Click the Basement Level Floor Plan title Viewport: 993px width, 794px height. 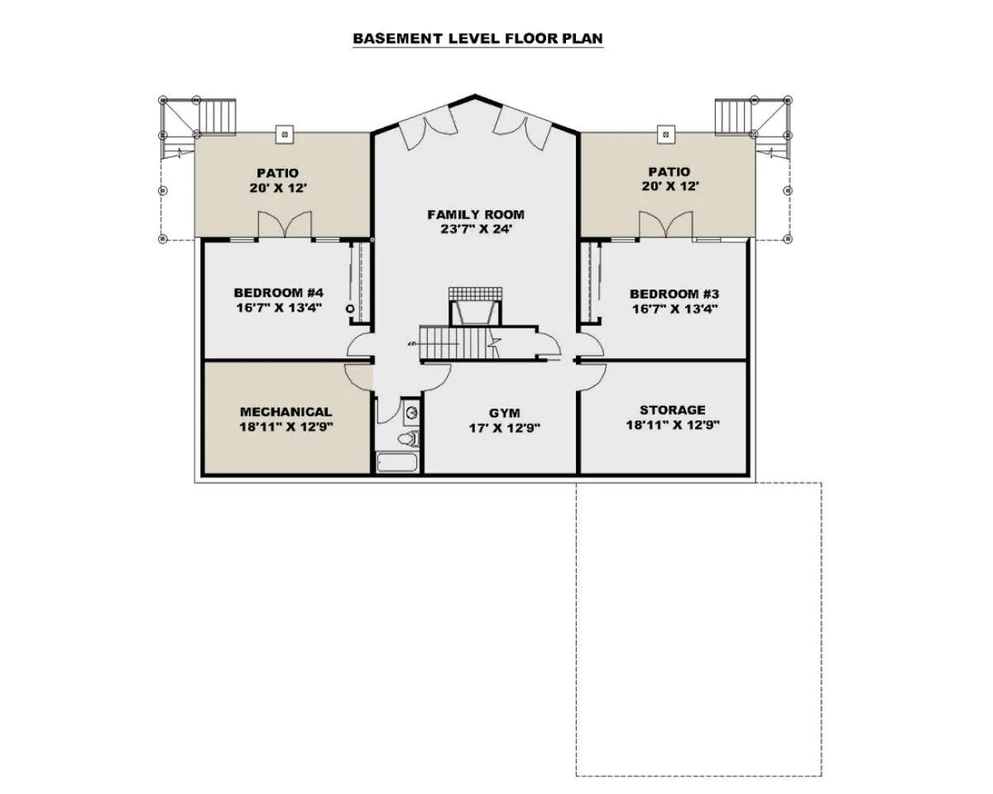[x=477, y=38]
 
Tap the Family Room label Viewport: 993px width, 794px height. [x=476, y=214]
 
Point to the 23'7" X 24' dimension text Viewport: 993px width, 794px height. [x=476, y=229]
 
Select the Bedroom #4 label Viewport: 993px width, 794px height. [x=279, y=293]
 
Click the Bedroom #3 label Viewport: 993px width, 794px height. [x=674, y=294]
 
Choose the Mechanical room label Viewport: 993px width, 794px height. [x=286, y=412]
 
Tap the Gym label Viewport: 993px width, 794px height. [x=504, y=413]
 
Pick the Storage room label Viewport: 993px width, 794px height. [x=672, y=409]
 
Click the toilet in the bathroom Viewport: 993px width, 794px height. [x=410, y=438]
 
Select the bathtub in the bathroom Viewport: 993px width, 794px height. [x=397, y=462]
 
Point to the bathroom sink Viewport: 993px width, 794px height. [x=411, y=413]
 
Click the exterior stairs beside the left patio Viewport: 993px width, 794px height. [x=218, y=117]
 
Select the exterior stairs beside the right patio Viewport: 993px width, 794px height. [x=734, y=117]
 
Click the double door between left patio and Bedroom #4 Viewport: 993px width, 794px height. [x=285, y=225]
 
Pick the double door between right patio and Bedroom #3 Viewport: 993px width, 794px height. [x=666, y=225]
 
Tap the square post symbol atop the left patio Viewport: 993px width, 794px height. [x=285, y=134]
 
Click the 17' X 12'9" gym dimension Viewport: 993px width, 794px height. [x=504, y=428]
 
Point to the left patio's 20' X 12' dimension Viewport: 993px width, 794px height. [x=278, y=189]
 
